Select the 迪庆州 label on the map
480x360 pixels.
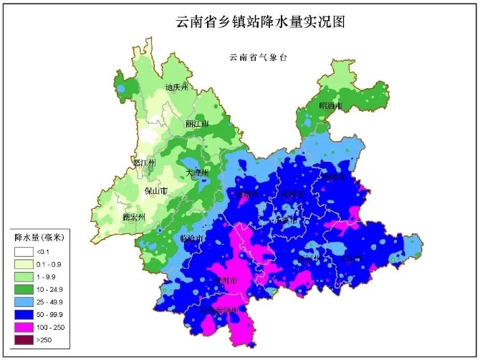(x=176, y=88)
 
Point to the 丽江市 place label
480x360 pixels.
(x=197, y=124)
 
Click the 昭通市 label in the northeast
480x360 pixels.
(x=330, y=106)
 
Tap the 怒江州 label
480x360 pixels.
(x=145, y=164)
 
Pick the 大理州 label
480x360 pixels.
(x=197, y=173)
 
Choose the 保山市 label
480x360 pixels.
(x=156, y=191)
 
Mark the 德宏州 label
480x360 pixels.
(x=134, y=216)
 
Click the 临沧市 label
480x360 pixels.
(x=192, y=238)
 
